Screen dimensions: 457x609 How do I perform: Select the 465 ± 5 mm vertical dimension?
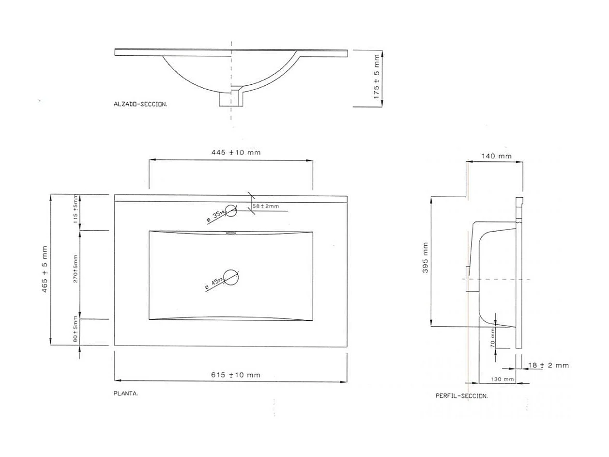click(x=45, y=270)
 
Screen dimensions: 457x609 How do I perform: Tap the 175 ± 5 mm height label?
click(x=377, y=77)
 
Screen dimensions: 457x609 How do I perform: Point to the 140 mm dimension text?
click(x=496, y=156)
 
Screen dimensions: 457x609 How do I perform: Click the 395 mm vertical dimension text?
click(x=426, y=257)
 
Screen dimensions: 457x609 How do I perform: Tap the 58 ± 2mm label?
click(x=266, y=206)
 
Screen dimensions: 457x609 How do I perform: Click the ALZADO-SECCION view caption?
click(x=140, y=104)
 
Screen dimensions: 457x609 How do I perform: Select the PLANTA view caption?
click(x=126, y=394)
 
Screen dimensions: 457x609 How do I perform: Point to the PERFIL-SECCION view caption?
click(x=461, y=396)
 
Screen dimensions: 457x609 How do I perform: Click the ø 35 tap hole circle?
click(x=231, y=211)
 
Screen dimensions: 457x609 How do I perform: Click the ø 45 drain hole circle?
click(x=232, y=278)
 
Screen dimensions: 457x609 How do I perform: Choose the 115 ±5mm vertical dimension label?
click(x=75, y=209)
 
